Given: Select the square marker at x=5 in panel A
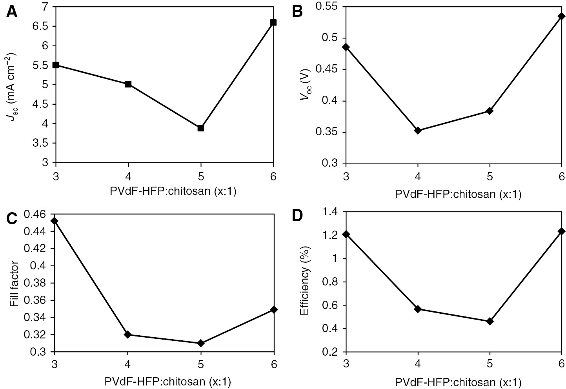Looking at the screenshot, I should pos(200,128).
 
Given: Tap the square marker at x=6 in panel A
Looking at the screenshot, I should pos(273,22).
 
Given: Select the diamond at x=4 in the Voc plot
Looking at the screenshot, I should pos(418,130).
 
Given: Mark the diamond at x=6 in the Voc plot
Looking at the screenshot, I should pos(562,16).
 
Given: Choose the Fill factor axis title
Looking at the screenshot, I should pos(14,283).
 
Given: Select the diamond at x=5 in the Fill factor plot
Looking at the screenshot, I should pos(201,343).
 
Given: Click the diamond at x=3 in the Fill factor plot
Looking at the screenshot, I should pos(55,221).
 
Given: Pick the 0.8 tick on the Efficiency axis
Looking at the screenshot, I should pos(333,282).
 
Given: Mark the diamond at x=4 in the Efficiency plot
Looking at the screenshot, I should pos(418,309).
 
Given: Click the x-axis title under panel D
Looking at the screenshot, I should pos(458,382).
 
